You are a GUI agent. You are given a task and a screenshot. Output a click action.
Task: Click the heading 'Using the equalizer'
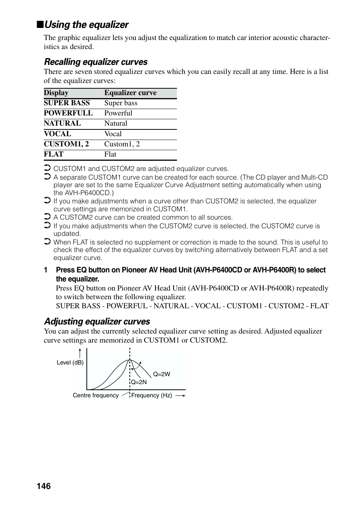[86, 25]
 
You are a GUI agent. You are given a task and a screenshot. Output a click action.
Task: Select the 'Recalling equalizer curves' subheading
[95, 62]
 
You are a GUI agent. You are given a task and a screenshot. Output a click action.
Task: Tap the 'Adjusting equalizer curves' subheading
[97, 321]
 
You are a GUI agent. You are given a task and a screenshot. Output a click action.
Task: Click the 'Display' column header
[56, 93]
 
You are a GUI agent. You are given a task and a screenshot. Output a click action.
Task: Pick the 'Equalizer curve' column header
[130, 93]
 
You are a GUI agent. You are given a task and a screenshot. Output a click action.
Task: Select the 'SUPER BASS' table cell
[67, 103]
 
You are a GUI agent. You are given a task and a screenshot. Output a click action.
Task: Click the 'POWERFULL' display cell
[68, 113]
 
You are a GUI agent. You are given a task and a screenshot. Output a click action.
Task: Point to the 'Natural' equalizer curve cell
[116, 123]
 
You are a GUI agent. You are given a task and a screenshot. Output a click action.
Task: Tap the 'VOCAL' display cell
[57, 134]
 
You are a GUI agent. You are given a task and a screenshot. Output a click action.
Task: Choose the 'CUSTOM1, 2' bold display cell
[66, 144]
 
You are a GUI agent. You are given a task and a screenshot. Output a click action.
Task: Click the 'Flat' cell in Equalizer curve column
[110, 154]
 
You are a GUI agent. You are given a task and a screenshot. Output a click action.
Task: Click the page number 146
[44, 486]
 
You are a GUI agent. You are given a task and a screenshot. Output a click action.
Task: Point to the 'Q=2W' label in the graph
[162, 374]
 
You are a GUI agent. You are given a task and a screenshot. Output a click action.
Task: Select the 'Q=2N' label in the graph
[139, 382]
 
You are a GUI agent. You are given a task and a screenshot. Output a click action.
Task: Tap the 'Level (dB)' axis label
[70, 363]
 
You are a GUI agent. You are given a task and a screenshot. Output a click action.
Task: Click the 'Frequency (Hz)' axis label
[152, 395]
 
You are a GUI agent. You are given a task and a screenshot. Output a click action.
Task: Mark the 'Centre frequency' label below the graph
[95, 395]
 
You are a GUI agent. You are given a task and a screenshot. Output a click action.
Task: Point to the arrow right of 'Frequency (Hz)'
[180, 395]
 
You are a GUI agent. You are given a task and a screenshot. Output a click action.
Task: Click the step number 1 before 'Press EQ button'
[46, 270]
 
